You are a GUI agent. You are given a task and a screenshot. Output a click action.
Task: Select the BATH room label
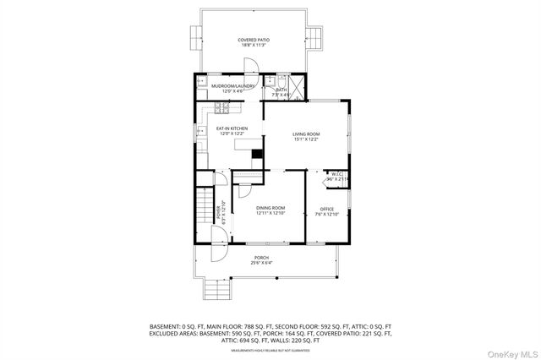(281, 90)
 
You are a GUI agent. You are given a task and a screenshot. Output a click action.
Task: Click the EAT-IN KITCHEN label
(232, 128)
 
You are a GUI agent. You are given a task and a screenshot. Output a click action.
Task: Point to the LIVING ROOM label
(306, 134)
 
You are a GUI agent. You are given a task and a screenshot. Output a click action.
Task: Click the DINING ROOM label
(270, 208)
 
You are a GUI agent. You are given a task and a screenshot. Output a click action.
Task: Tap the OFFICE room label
(327, 209)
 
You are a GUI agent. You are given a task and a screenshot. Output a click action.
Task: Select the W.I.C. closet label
(336, 174)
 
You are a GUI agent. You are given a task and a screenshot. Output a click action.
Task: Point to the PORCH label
(261, 258)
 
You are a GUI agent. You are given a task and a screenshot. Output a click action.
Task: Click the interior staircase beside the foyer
(203, 211)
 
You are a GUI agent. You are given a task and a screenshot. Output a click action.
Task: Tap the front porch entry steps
(218, 292)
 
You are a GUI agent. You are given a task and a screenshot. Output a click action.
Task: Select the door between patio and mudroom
(251, 67)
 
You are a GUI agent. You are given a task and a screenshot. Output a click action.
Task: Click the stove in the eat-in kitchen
(222, 107)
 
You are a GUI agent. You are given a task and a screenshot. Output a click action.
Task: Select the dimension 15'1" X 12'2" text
(306, 140)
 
